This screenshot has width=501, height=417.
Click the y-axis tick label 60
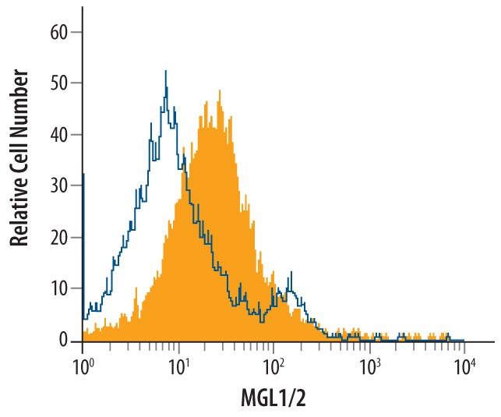tap(60, 33)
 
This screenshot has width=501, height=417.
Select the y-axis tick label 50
tap(60, 83)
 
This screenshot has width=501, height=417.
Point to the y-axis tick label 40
tap(60, 135)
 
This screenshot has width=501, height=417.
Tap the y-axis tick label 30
tap(60, 186)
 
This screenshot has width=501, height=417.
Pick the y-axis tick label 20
tap(60, 238)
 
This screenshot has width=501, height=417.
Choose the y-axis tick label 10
tap(60, 289)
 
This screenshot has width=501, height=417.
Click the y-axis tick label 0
tap(64, 341)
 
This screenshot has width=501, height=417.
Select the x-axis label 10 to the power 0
tap(83, 364)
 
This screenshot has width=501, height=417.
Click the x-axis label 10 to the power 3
tap(369, 364)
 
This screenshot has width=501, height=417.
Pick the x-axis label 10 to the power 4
tap(465, 364)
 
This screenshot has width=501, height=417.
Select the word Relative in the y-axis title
tap(21, 209)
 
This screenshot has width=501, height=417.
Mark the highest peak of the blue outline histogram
tap(166, 72)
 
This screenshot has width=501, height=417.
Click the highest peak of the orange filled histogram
tap(221, 91)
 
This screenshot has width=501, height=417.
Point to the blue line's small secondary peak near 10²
tap(291, 274)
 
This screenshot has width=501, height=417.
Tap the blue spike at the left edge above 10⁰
tap(83, 175)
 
